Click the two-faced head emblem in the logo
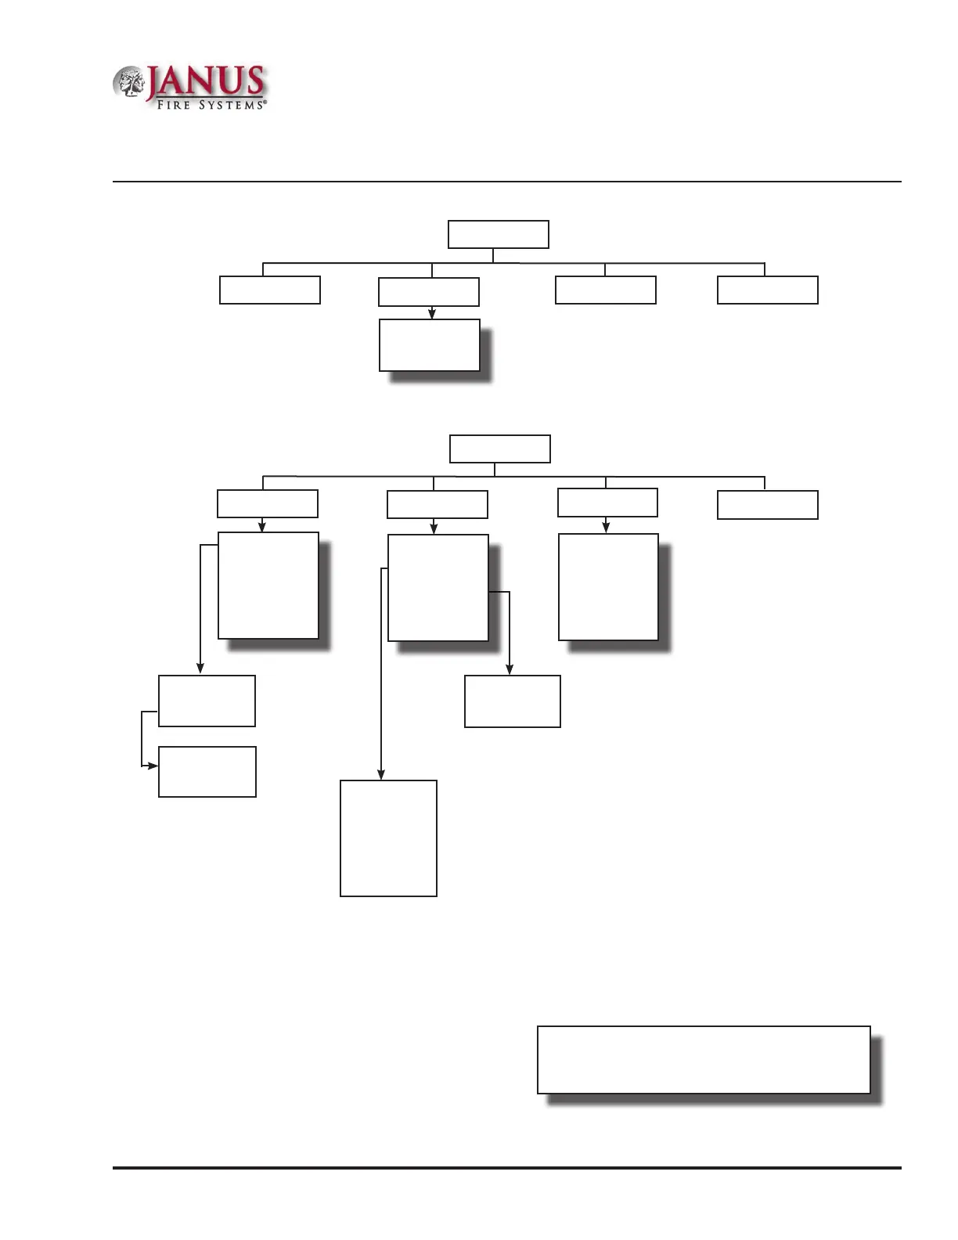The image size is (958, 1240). [x=129, y=83]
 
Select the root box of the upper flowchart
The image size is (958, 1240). [x=498, y=234]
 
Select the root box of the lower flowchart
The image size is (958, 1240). [x=499, y=449]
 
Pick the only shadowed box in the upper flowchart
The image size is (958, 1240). [x=429, y=344]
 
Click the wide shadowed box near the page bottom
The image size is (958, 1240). [x=704, y=1059]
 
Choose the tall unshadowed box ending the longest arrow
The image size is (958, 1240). [x=388, y=838]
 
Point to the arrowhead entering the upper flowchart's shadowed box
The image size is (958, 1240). [x=431, y=314]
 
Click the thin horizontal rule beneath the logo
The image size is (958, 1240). [x=507, y=182]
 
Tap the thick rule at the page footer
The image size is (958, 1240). [x=507, y=1168]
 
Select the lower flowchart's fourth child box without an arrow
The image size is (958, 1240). [x=767, y=505]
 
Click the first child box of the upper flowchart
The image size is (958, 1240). [x=270, y=290]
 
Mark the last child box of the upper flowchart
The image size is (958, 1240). [x=767, y=290]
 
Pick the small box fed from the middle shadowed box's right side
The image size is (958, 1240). [x=512, y=701]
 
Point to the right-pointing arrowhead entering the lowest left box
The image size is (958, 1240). [x=153, y=765]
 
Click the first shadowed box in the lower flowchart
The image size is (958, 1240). [x=268, y=586]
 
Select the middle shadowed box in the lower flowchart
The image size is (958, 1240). [x=438, y=588]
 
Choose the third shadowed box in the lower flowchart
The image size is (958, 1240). [x=608, y=587]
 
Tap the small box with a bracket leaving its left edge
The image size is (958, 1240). [x=207, y=701]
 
